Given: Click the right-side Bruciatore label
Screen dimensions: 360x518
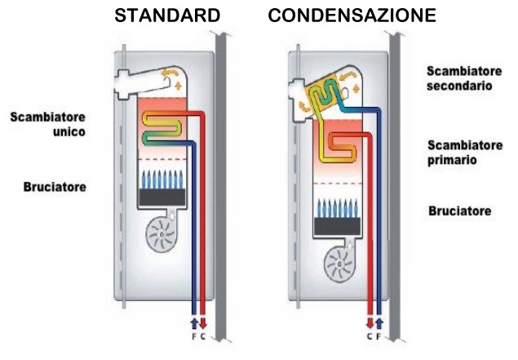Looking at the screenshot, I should point(459,211).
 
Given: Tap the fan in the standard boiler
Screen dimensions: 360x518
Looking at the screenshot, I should point(161,236).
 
